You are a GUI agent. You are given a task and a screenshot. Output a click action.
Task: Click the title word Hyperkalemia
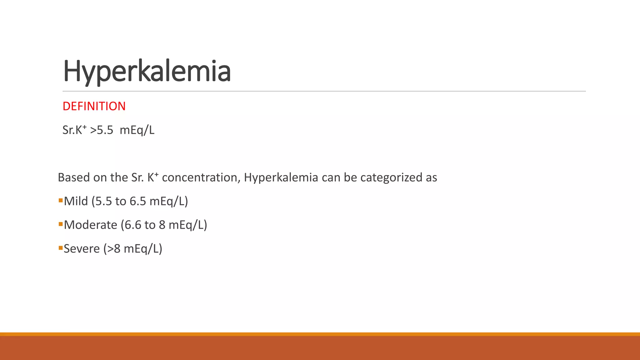147,71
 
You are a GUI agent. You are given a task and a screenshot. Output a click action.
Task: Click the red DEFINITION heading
94,106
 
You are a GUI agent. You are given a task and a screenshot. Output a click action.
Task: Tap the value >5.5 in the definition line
102,130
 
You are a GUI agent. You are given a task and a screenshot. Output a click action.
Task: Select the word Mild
76,201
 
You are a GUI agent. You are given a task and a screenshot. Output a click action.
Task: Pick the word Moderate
91,225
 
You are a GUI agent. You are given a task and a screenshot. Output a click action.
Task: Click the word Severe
82,249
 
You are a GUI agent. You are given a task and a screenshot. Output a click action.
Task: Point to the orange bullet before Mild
61,200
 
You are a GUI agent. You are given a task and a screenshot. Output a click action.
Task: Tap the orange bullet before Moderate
61,224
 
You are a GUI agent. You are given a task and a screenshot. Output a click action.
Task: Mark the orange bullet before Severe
61,248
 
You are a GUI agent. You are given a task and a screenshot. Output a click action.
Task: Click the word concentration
199,177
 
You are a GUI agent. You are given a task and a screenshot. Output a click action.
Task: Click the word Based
74,177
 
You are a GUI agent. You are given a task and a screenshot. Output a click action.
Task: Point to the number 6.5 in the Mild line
138,201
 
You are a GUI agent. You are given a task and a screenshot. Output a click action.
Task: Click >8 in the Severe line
113,249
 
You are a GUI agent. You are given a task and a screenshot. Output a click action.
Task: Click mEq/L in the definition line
137,130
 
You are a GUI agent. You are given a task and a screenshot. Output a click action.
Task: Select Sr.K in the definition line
72,130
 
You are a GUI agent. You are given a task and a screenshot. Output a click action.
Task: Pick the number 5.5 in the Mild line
103,201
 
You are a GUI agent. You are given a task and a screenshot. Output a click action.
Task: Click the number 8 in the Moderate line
162,225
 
